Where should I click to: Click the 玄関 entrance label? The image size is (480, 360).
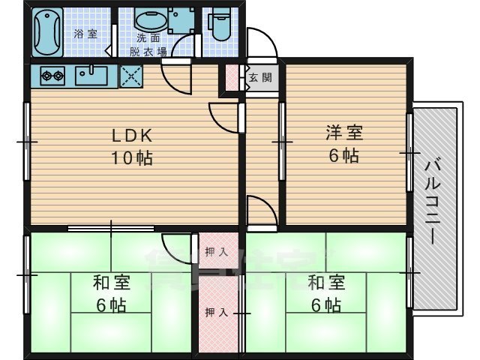pos(261,77)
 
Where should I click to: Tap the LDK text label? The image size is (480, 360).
pos(133,136)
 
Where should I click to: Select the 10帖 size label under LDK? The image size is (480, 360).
pos(133,158)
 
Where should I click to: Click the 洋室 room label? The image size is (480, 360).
pos(344,133)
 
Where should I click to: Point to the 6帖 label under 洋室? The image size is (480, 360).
pos(344,155)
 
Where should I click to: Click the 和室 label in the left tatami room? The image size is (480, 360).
pos(111,283)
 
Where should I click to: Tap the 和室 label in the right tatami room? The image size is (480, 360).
pos(326,283)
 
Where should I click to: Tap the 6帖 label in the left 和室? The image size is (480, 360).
pos(111,305)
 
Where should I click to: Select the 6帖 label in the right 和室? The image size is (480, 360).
pos(326,305)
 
